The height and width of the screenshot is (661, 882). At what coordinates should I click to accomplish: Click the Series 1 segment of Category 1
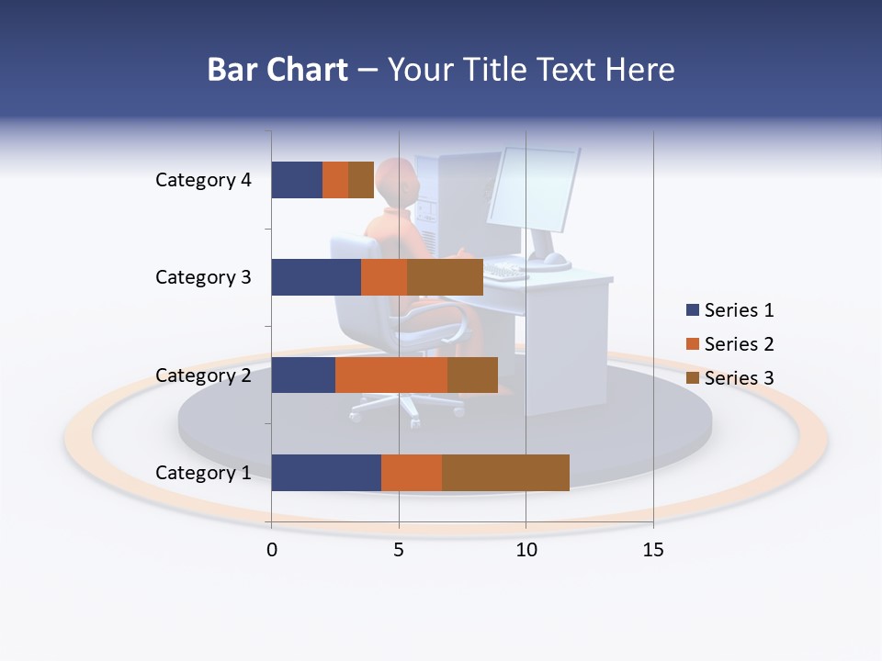point(326,473)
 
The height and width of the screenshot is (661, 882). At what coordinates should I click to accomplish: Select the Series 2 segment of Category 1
point(412,473)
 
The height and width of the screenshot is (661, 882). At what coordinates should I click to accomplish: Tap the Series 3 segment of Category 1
point(505,473)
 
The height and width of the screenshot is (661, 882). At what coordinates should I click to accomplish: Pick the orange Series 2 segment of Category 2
point(391,375)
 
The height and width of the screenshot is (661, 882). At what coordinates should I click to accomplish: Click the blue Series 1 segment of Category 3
point(316,277)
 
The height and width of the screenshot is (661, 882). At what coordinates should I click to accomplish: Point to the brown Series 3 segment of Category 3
point(445,277)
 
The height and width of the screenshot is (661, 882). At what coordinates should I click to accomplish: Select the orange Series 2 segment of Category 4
point(335,180)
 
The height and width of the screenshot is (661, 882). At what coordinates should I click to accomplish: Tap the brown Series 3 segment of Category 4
point(361,180)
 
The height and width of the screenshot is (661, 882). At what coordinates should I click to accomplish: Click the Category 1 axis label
point(203,473)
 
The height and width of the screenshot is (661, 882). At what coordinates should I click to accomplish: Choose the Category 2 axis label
point(203,375)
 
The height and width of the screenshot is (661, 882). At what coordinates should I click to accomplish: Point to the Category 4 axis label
point(203,180)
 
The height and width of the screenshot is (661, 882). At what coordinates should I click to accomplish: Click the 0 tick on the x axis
point(272,550)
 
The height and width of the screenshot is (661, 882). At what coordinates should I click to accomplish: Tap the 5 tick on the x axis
point(399,550)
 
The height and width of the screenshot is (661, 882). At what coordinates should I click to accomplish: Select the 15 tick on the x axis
point(653,550)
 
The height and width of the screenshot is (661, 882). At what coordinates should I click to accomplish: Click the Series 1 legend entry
point(730,310)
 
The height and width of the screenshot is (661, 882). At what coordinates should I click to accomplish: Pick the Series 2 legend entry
point(730,344)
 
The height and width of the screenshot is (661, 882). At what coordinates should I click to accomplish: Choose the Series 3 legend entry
point(730,378)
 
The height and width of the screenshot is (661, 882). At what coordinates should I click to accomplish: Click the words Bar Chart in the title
point(277,70)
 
